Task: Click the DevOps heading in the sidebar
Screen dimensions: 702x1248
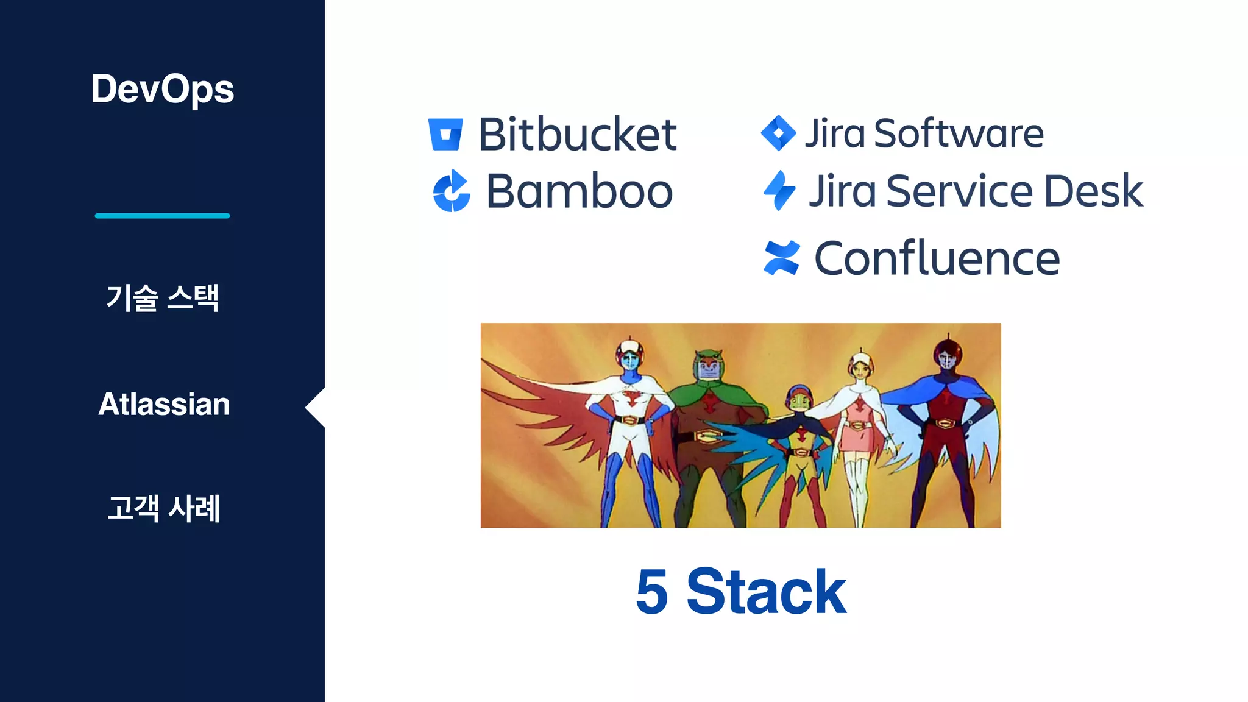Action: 162,89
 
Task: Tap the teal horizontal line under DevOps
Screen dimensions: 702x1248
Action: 162,216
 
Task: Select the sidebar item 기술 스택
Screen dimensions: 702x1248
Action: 162,298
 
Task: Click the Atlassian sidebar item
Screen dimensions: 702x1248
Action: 164,404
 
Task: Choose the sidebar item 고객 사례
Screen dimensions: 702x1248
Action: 163,508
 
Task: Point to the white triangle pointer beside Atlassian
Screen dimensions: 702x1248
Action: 316,407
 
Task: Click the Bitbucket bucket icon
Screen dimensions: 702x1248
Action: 445,134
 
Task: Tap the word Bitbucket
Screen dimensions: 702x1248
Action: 577,134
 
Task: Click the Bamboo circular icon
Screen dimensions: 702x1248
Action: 451,191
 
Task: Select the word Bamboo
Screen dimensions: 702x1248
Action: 579,191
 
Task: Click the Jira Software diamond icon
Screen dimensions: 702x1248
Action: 778,133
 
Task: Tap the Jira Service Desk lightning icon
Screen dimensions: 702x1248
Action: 779,191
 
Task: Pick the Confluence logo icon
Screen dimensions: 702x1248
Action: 781,258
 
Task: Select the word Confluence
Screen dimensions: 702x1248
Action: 937,258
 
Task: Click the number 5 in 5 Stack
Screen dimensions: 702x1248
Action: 652,591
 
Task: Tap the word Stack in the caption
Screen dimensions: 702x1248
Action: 766,591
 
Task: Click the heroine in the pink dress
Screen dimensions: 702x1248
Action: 859,427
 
